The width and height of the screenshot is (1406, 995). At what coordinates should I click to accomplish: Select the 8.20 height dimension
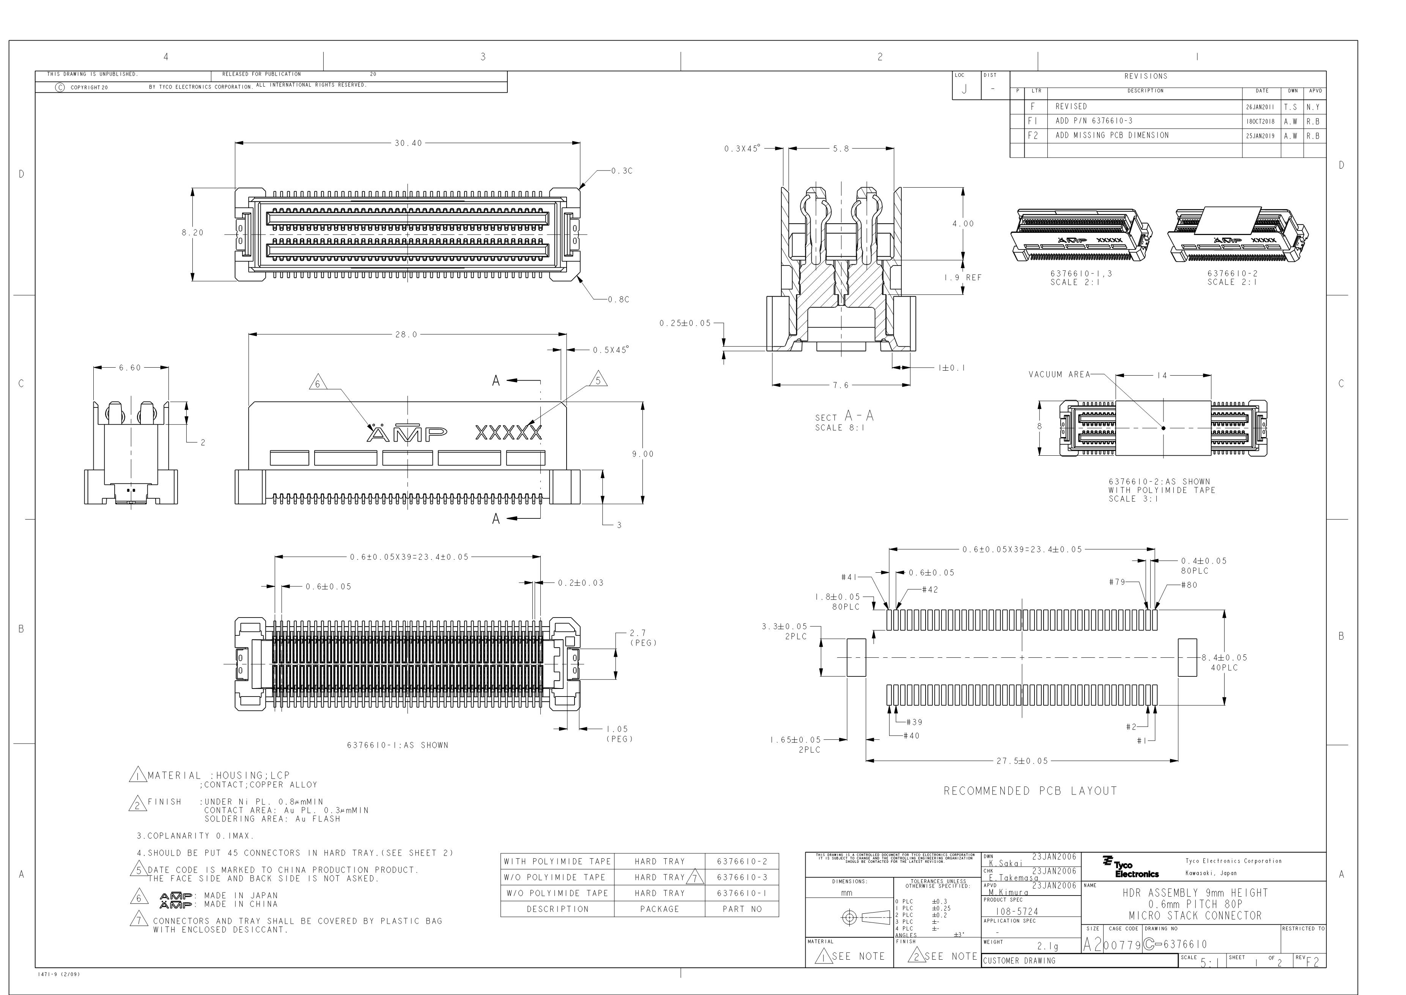[192, 233]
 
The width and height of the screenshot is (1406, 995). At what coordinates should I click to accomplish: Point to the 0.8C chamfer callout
[619, 300]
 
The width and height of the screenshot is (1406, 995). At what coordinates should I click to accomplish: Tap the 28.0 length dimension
[406, 335]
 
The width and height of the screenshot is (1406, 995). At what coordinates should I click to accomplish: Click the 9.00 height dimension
[642, 454]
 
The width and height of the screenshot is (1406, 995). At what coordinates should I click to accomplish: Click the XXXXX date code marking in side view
[508, 433]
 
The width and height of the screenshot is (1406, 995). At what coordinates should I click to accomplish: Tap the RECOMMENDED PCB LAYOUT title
[1030, 791]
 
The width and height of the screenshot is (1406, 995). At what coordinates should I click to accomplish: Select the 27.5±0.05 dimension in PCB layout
[1022, 761]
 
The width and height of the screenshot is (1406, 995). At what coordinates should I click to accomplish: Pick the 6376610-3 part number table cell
[742, 877]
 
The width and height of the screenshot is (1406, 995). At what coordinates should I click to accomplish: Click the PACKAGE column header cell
[660, 909]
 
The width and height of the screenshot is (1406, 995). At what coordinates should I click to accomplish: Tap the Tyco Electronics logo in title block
[1130, 867]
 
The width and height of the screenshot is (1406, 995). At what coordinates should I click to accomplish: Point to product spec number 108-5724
[1017, 912]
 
